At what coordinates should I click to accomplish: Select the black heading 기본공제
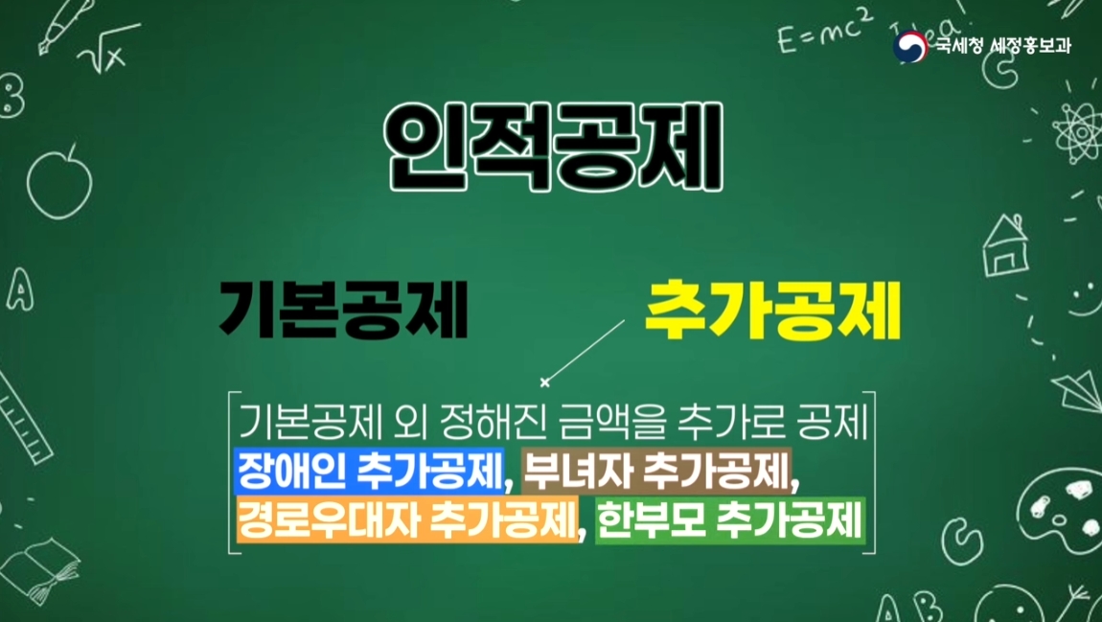pyautogui.click(x=343, y=310)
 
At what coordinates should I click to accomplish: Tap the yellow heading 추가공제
pyautogui.click(x=772, y=311)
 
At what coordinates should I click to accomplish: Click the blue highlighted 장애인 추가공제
pyautogui.click(x=369, y=471)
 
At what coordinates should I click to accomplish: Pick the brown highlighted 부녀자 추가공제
pyautogui.click(x=656, y=471)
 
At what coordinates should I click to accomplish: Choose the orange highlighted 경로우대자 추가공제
pyautogui.click(x=407, y=519)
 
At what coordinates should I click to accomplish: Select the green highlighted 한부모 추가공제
pyautogui.click(x=730, y=519)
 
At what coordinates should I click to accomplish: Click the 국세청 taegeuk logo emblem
pyautogui.click(x=910, y=46)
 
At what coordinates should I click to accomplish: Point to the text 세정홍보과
pyautogui.click(x=1029, y=46)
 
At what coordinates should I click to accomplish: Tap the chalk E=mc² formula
pyautogui.click(x=824, y=33)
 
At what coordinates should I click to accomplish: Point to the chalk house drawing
pyautogui.click(x=1005, y=246)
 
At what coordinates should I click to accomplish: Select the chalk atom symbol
pyautogui.click(x=1075, y=131)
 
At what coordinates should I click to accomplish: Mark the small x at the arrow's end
pyautogui.click(x=544, y=382)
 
